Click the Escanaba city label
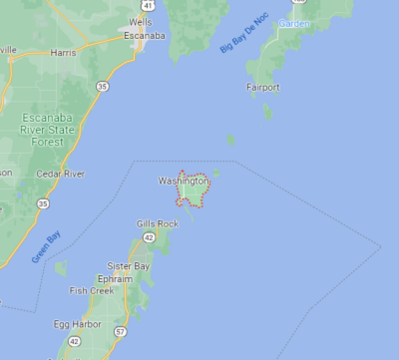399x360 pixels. pos(144,36)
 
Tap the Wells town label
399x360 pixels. pos(140,22)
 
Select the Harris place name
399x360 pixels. pos(63,53)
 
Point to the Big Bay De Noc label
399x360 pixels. pos(244,33)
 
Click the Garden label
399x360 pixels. pos(294,24)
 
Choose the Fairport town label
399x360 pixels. pos(263,87)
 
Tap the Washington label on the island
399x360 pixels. pos(183,181)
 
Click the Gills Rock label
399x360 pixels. pos(158,224)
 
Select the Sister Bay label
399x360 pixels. pos(128,266)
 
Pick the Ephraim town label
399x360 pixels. pos(115,279)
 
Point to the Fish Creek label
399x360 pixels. pos(91,291)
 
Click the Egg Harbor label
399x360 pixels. pos(77,324)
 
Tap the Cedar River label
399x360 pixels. pos(60,174)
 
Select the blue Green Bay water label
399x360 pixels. pos(46,247)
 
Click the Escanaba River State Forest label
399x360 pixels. pos(48,130)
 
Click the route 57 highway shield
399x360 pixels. pos(121,332)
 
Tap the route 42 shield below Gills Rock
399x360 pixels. pos(149,237)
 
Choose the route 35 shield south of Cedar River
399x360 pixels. pos(42,204)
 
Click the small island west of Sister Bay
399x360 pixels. pos(61,268)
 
